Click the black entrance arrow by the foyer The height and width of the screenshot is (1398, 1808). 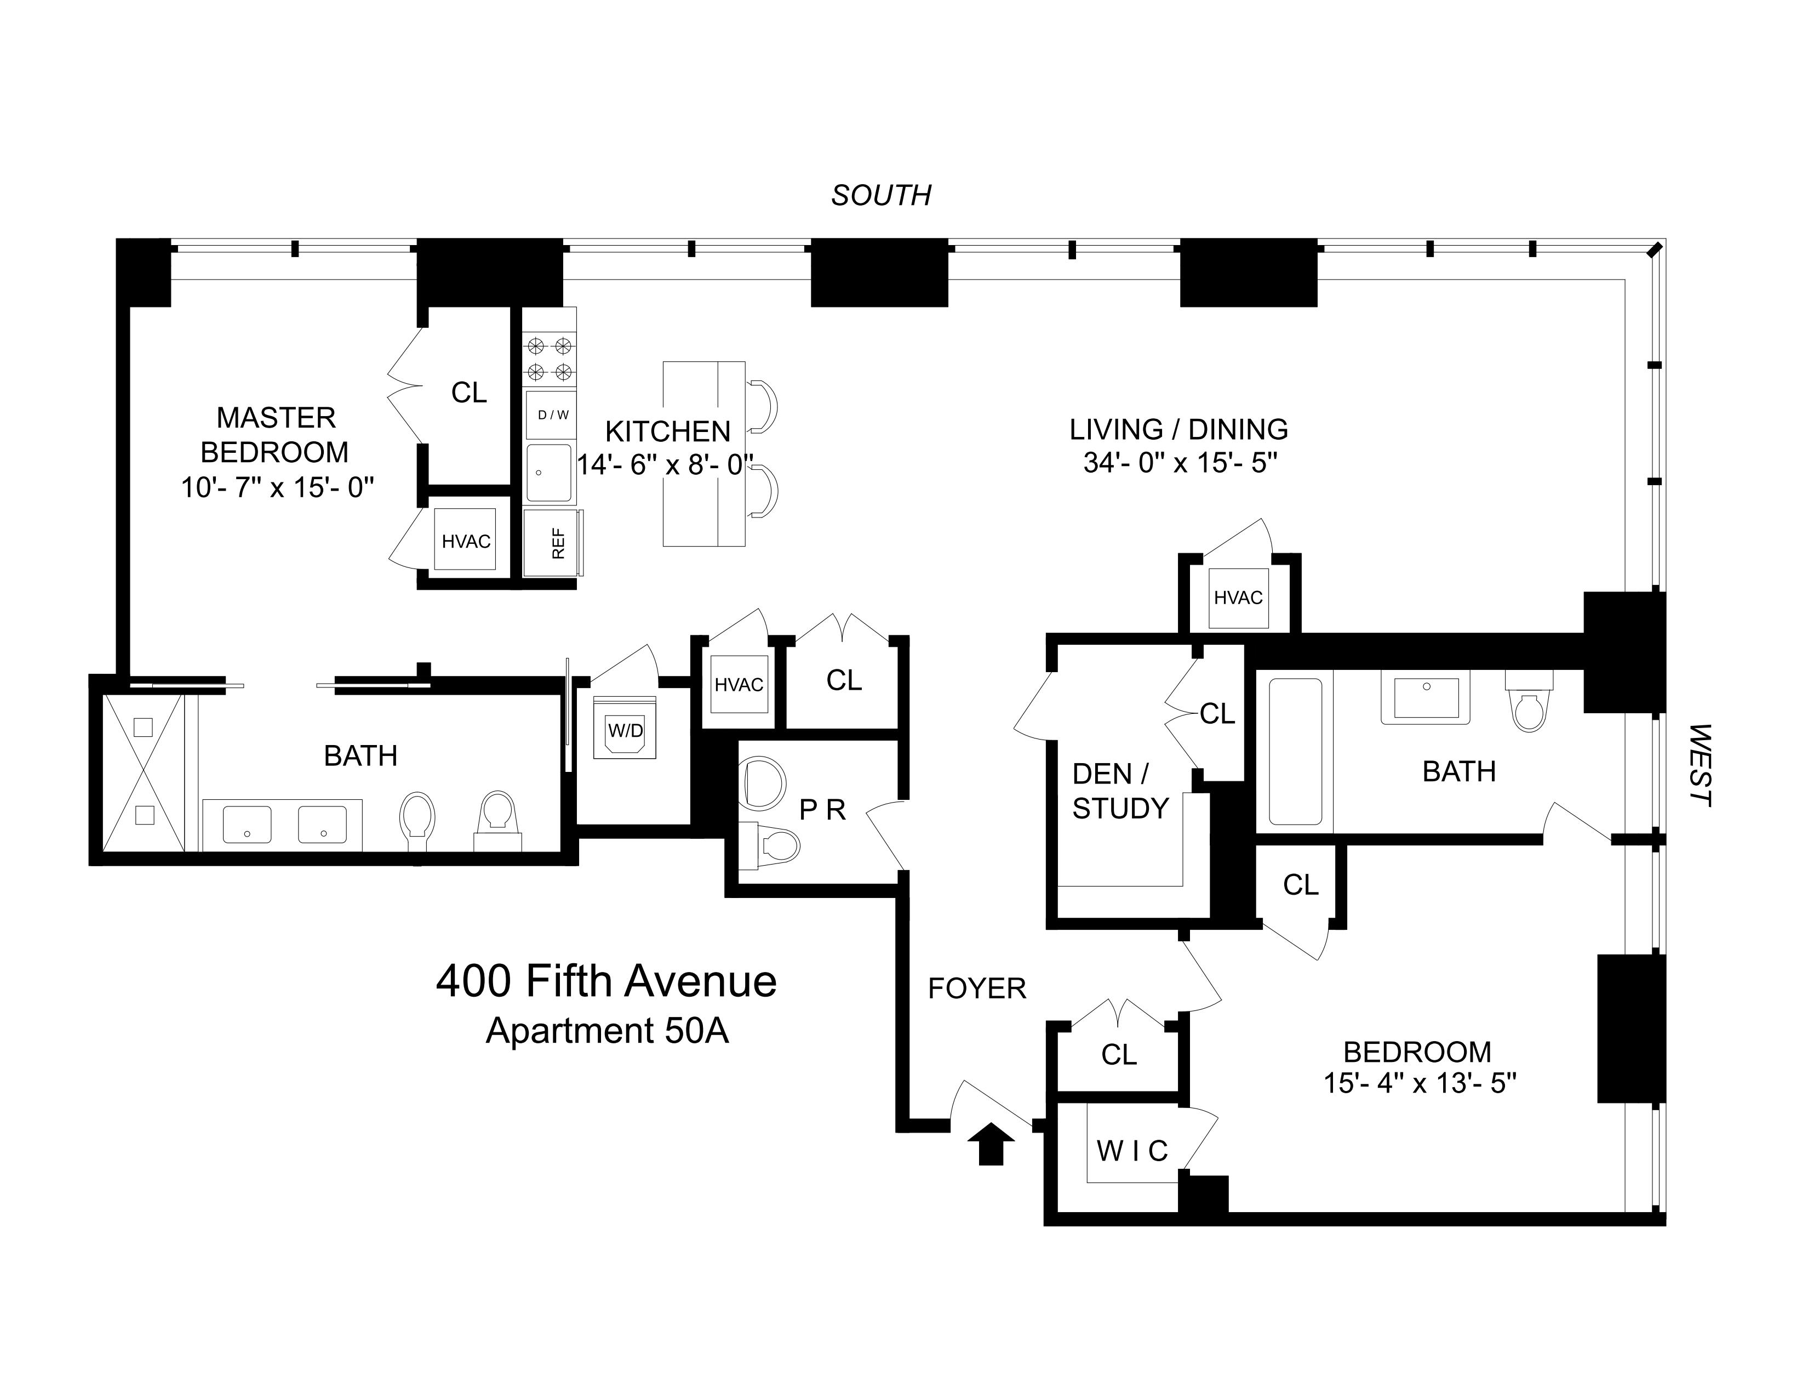pyautogui.click(x=990, y=1146)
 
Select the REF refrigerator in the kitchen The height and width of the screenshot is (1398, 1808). pyautogui.click(x=553, y=542)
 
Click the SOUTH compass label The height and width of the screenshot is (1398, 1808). pyautogui.click(x=881, y=196)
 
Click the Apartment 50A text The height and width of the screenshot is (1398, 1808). pyautogui.click(x=607, y=1031)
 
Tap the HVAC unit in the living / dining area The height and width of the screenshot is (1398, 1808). pyautogui.click(x=1238, y=597)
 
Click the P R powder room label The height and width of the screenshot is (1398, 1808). pyautogui.click(x=822, y=810)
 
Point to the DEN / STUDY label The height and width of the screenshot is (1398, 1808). pyautogui.click(x=1119, y=791)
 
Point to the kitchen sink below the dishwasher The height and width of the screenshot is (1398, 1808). pyautogui.click(x=549, y=473)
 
